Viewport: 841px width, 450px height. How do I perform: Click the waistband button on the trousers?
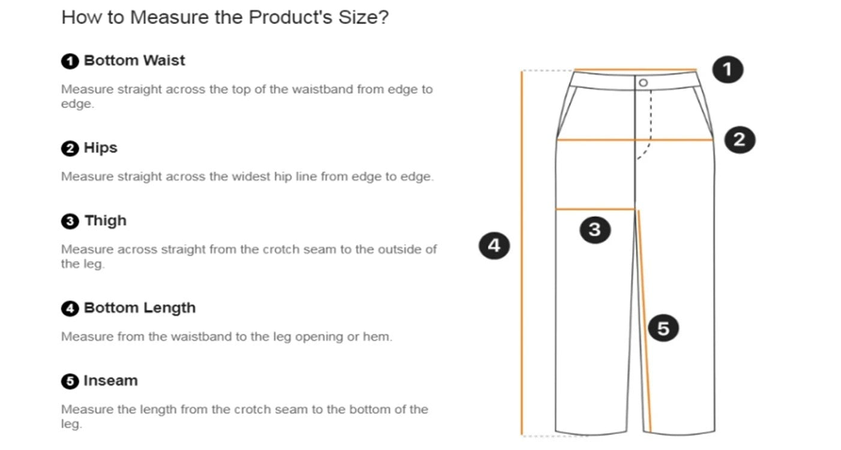[x=643, y=83]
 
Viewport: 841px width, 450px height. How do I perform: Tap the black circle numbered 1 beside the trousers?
[x=728, y=70]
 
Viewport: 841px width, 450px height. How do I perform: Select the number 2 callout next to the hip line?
[x=740, y=140]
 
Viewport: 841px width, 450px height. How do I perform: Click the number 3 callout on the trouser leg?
[x=595, y=230]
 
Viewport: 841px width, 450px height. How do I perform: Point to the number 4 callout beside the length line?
[x=494, y=246]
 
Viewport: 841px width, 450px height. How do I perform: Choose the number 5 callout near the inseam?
[x=663, y=328]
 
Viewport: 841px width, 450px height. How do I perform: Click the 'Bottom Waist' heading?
[x=134, y=61]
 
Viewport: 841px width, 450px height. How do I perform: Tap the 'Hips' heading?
[x=101, y=148]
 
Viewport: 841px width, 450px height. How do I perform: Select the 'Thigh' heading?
[x=106, y=221]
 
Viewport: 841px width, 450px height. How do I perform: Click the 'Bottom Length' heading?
[x=140, y=308]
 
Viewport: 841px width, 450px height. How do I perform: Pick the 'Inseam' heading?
[x=110, y=380]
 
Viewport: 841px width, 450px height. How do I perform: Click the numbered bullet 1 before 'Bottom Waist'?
[x=70, y=61]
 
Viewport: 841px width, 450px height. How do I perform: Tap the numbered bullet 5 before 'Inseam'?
[x=70, y=382]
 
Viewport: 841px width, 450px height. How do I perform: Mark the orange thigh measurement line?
[x=595, y=209]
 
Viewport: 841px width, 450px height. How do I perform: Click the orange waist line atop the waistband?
[x=636, y=70]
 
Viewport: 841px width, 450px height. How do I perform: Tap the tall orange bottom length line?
[x=522, y=252]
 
